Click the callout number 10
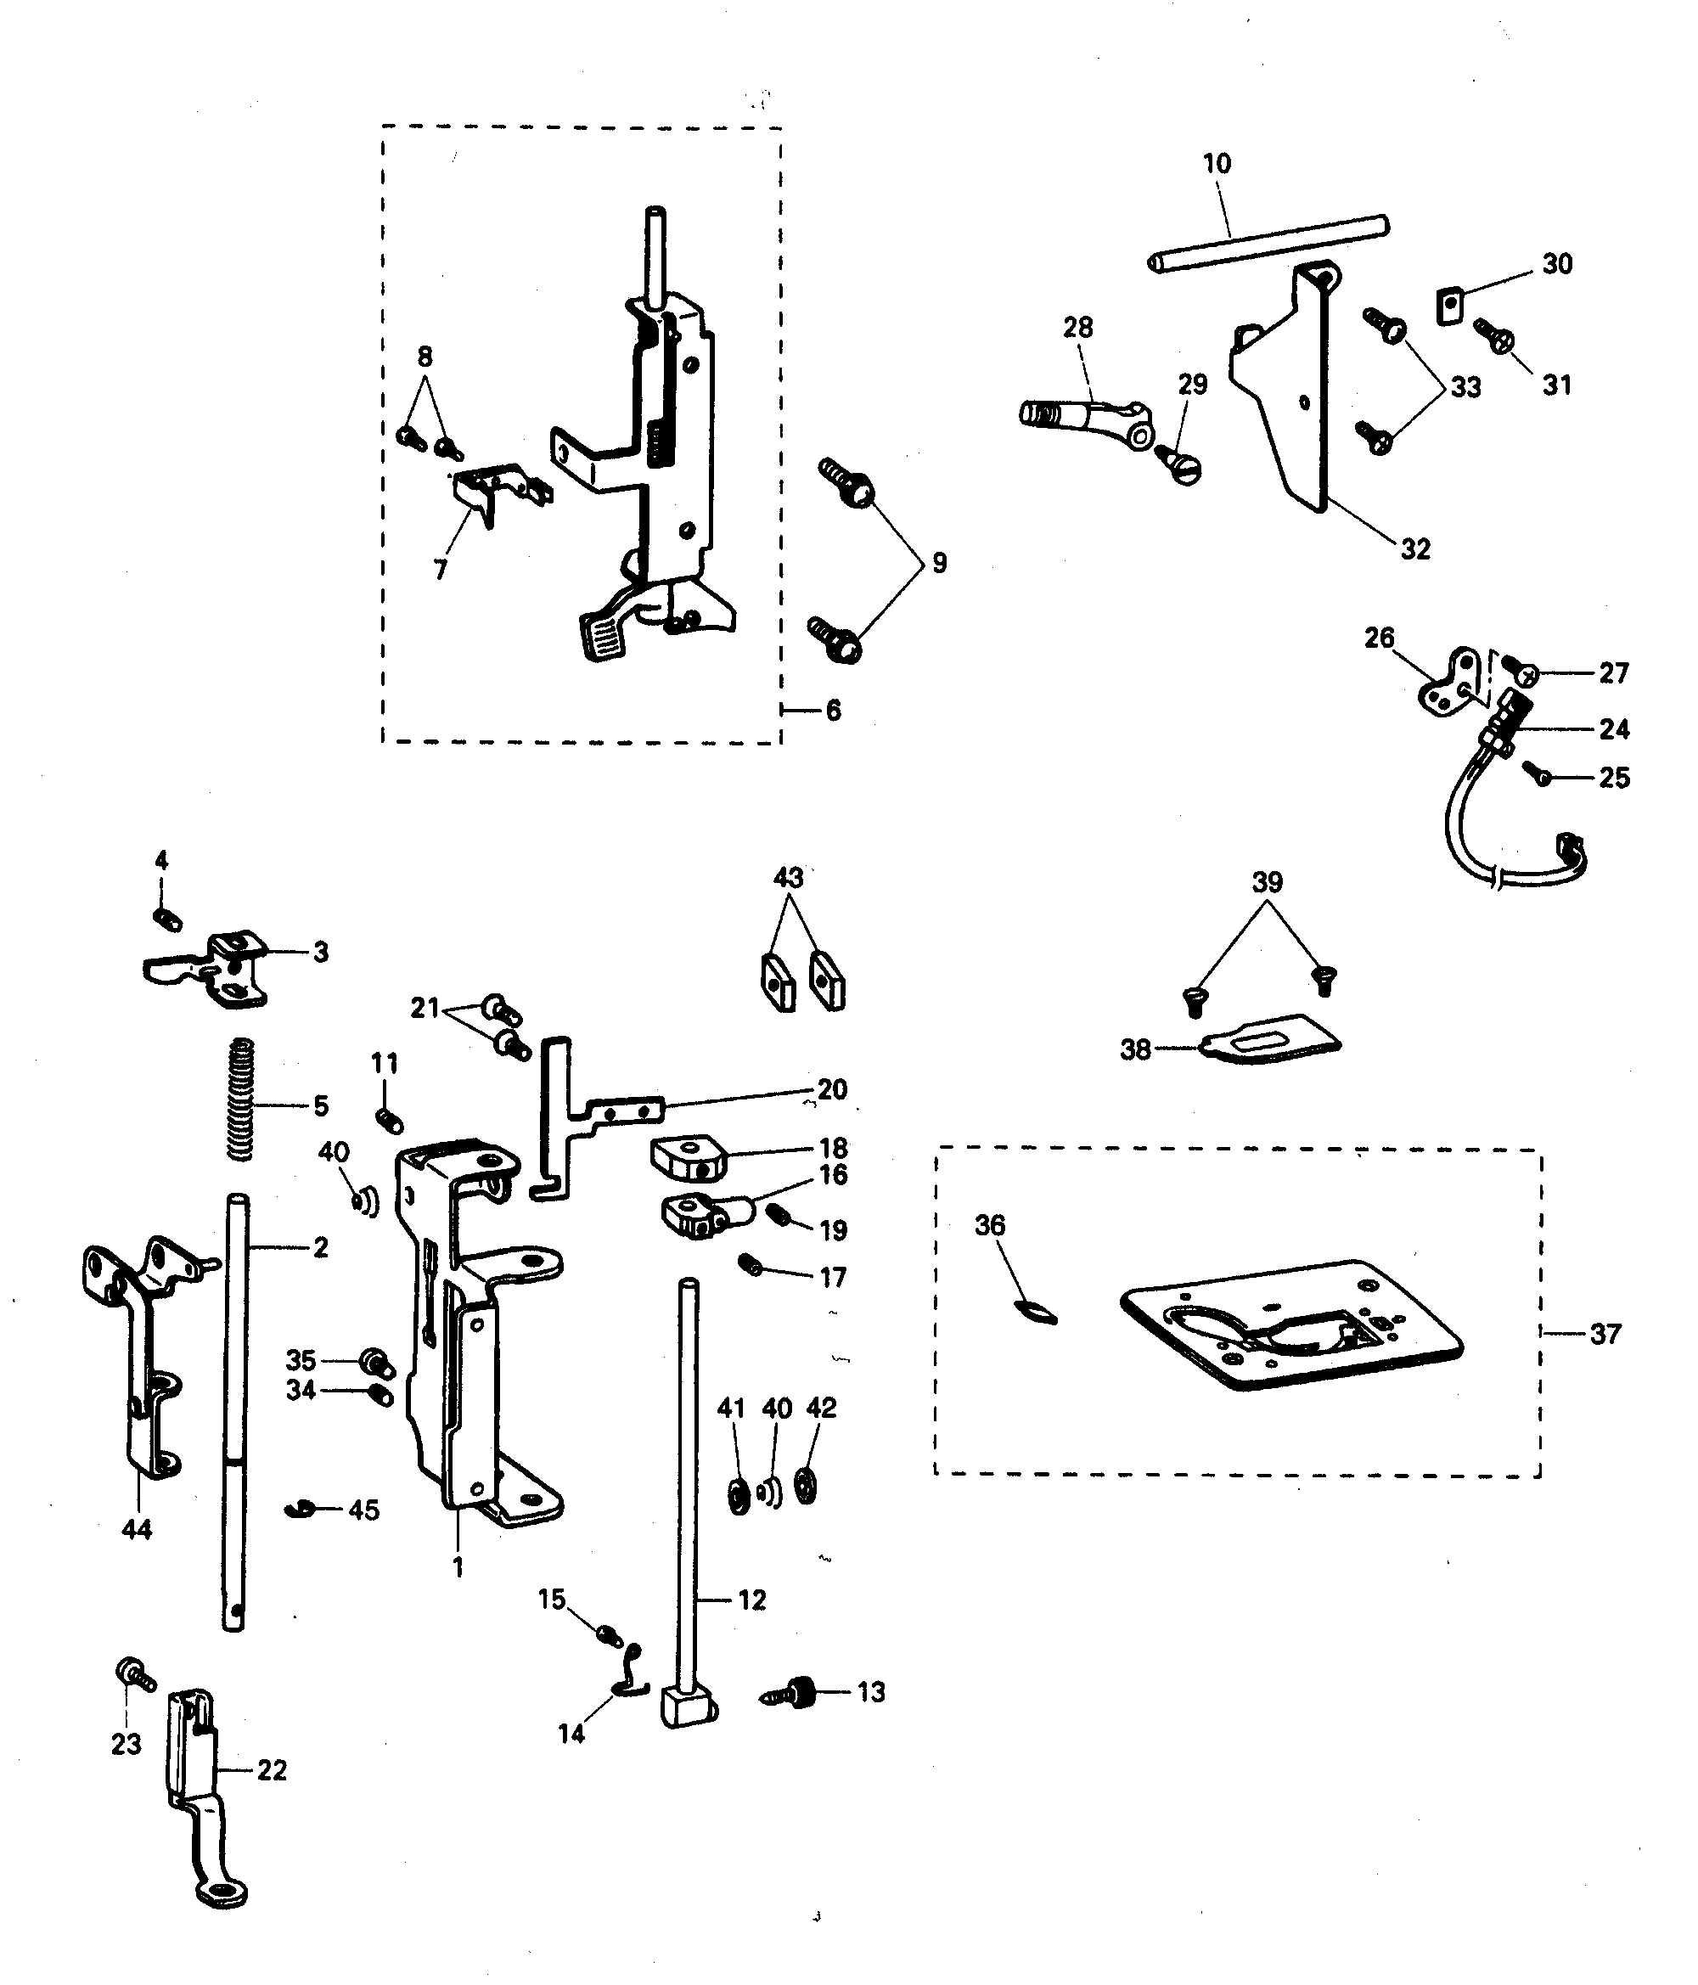tap(1216, 164)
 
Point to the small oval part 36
tap(1036, 1312)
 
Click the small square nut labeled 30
tap(1451, 307)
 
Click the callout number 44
tap(136, 1529)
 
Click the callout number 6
tap(833, 710)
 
